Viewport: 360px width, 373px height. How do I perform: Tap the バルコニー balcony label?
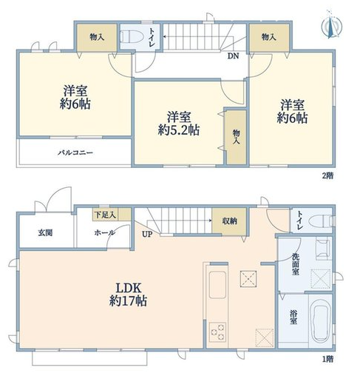point(76,153)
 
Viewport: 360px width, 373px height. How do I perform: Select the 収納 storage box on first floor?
point(229,221)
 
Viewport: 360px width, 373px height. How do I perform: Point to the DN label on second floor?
point(233,55)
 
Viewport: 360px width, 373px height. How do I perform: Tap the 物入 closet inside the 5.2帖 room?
point(236,136)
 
